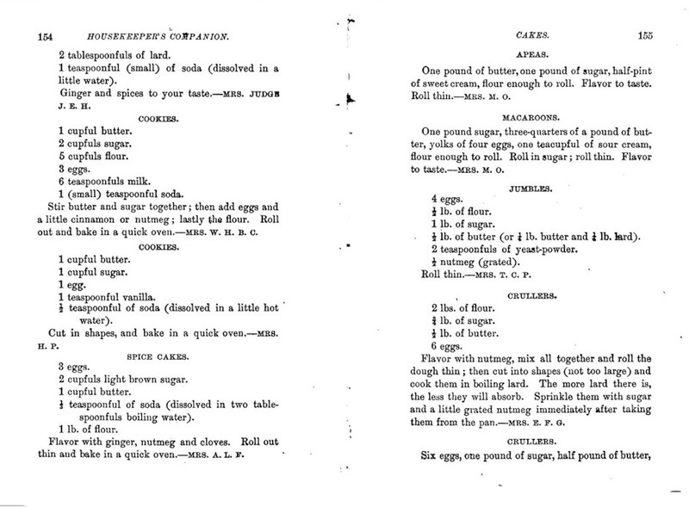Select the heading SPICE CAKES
180,352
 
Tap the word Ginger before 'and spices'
78,91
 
